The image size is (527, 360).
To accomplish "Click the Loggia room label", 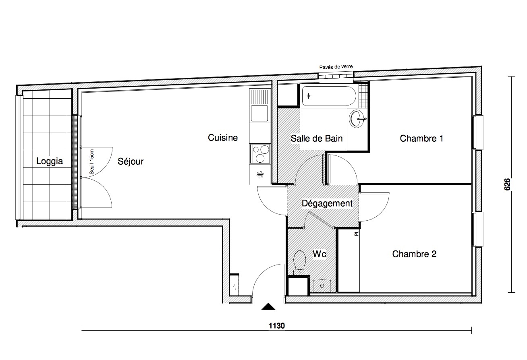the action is click(x=50, y=161).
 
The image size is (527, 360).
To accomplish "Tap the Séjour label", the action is click(x=131, y=161).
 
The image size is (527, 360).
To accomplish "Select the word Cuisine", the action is click(x=223, y=138).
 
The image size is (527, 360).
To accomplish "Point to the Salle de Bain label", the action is click(x=317, y=139).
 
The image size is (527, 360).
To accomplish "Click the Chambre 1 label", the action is click(x=421, y=139).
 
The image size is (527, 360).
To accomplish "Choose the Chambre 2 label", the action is click(x=414, y=254).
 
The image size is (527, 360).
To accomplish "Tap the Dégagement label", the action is click(x=327, y=204).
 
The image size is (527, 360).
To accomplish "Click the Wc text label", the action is click(x=320, y=254).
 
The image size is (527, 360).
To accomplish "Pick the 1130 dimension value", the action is click(x=277, y=326).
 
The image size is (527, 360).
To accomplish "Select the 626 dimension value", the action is click(x=508, y=184).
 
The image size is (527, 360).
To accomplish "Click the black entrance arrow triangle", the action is click(x=268, y=306).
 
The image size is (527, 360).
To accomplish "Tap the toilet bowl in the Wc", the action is click(x=299, y=263).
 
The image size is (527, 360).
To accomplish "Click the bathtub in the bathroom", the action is click(x=329, y=96).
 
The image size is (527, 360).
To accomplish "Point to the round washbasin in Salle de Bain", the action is click(x=357, y=119).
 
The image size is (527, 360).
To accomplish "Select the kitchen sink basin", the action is click(x=259, y=113).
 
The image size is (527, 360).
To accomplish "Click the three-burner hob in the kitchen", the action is click(x=260, y=154).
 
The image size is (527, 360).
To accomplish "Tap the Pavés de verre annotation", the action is click(x=336, y=67).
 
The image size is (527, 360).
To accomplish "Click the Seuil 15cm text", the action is click(x=91, y=162).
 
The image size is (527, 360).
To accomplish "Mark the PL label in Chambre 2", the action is click(x=357, y=233).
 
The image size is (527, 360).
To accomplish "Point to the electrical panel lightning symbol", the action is click(x=234, y=285).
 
